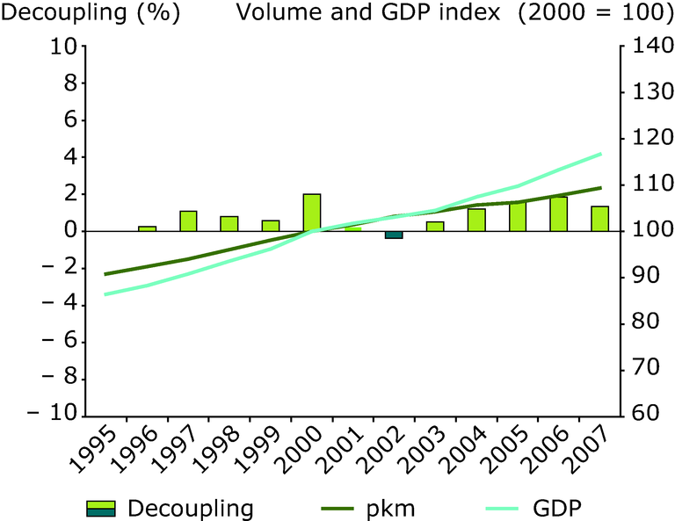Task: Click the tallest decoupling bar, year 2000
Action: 312,213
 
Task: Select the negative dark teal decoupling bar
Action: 394,235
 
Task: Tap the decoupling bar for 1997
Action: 188,221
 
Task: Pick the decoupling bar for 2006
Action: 559,213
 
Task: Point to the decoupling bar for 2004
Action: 476,220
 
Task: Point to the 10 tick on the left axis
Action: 63,47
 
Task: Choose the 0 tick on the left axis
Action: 70,231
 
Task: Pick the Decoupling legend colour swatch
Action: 102,508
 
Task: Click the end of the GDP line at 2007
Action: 600,154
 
